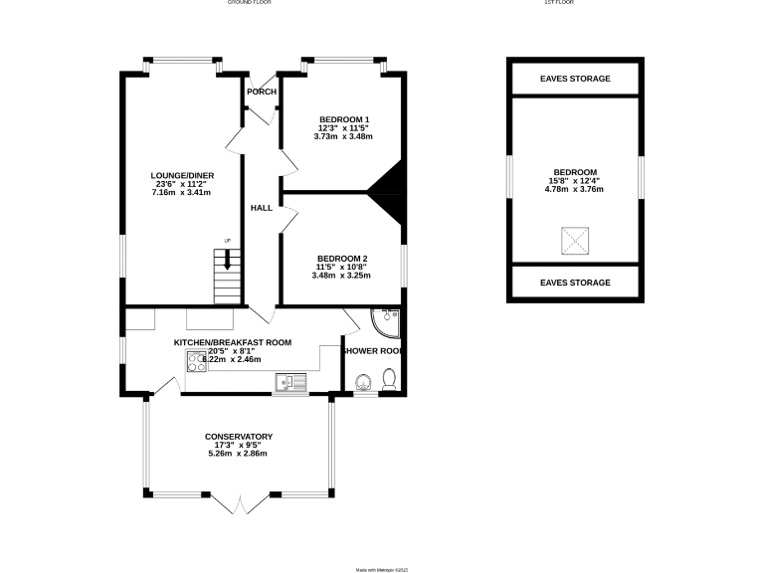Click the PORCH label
pyautogui.click(x=262, y=92)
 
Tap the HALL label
pyautogui.click(x=262, y=208)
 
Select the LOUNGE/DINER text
pyautogui.click(x=182, y=176)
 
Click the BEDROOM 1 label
pyautogui.click(x=343, y=118)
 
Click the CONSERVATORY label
pyautogui.click(x=238, y=437)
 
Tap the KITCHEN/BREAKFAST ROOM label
pyautogui.click(x=233, y=342)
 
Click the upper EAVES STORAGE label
pyautogui.click(x=575, y=79)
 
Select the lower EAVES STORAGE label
pyautogui.click(x=575, y=283)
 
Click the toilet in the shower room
pyautogui.click(x=389, y=379)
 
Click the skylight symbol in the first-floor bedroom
pyautogui.click(x=574, y=240)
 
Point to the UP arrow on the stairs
pyautogui.click(x=228, y=260)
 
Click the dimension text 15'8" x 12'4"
pyautogui.click(x=574, y=180)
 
